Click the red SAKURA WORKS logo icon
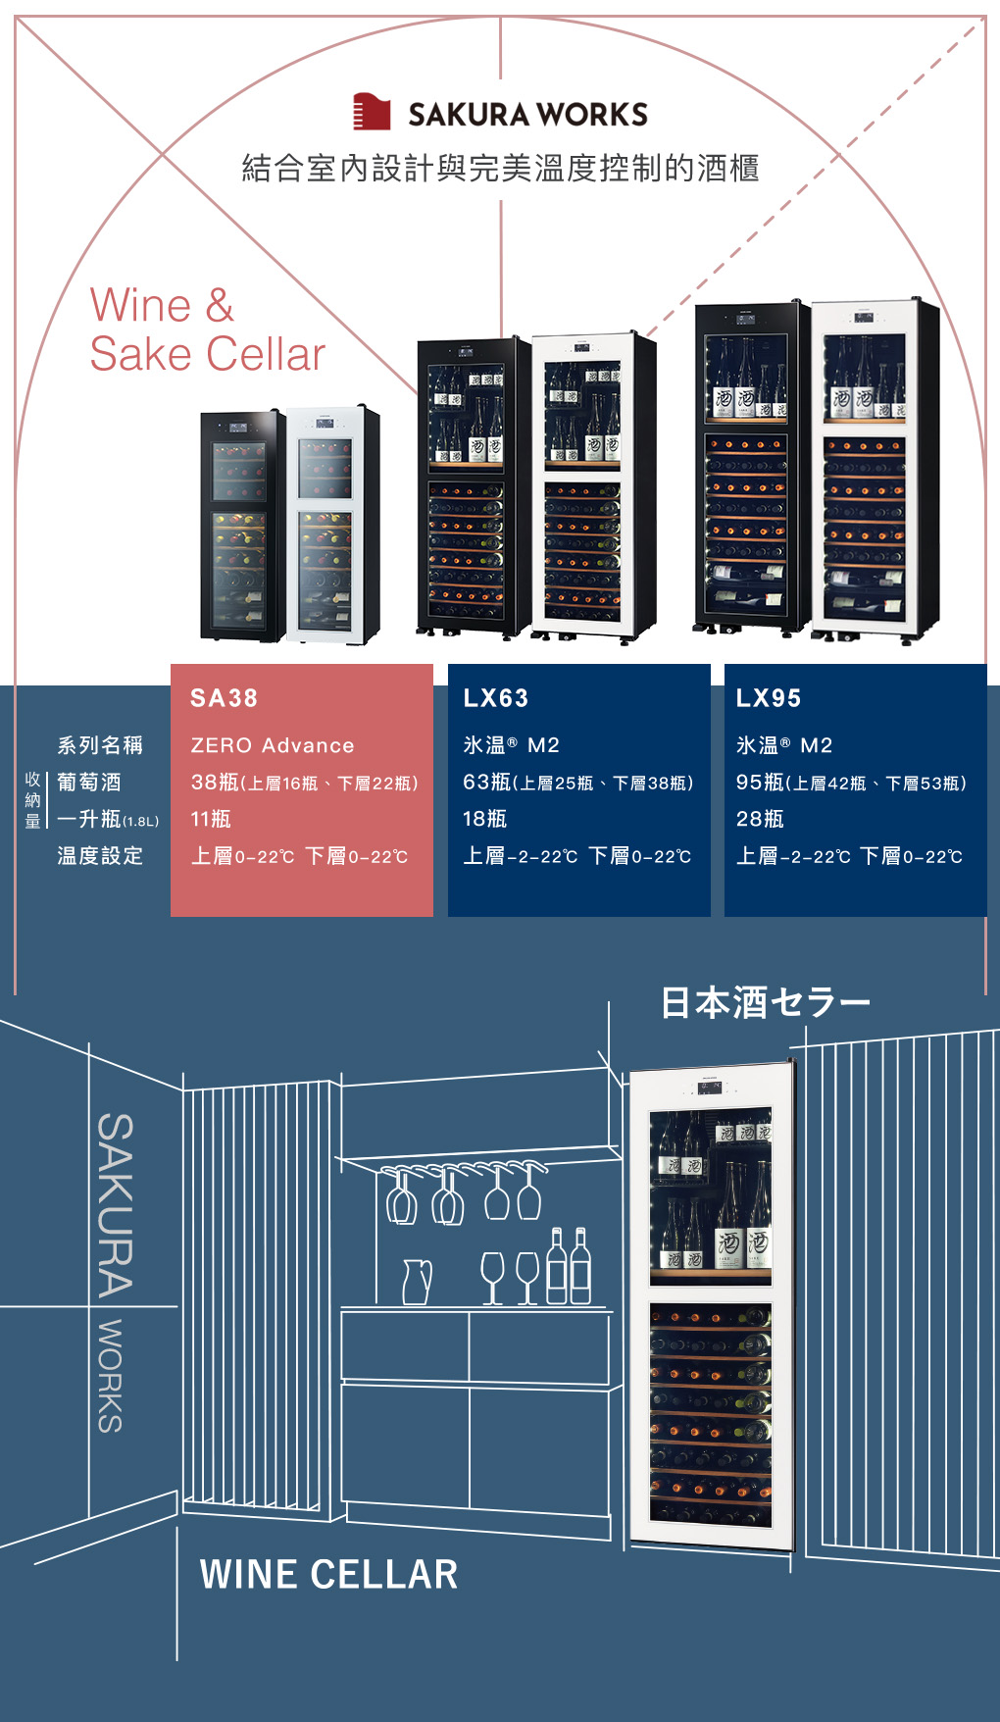pyautogui.click(x=372, y=112)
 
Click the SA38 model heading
pyautogui.click(x=224, y=698)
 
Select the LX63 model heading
pyautogui.click(x=495, y=698)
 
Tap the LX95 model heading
pyautogui.click(x=769, y=698)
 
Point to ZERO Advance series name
pyautogui.click(x=273, y=745)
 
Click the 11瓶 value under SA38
pyautogui.click(x=211, y=819)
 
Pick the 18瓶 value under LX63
pyautogui.click(x=484, y=819)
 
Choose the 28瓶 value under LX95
pyautogui.click(x=760, y=819)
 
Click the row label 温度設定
pyautogui.click(x=100, y=856)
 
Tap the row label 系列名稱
pyautogui.click(x=100, y=745)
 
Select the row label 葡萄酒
pyautogui.click(x=89, y=782)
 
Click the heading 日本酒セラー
pyautogui.click(x=766, y=1002)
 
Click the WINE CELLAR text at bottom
pyautogui.click(x=328, y=1575)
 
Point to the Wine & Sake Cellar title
pyautogui.click(x=207, y=329)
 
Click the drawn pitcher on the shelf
pyautogui.click(x=418, y=1282)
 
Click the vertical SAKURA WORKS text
pyautogui.click(x=114, y=1272)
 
